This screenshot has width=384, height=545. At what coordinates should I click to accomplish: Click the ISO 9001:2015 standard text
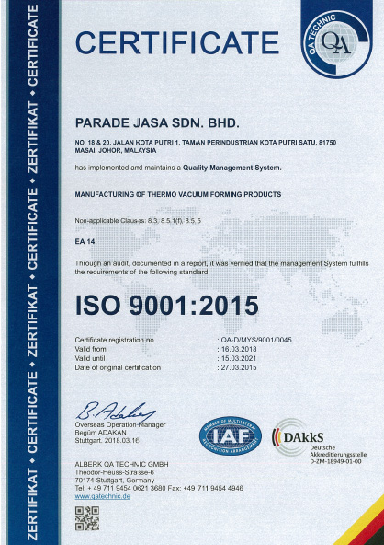coord(166,303)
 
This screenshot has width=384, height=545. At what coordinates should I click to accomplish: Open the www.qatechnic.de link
coord(103,494)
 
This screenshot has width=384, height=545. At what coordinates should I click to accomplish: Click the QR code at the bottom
coord(86,519)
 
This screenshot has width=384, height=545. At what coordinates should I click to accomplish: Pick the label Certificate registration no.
coord(116,341)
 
